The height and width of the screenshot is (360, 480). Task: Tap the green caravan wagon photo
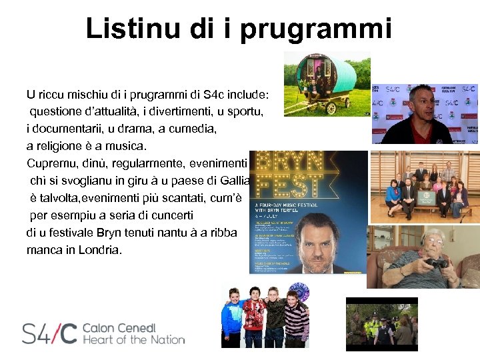pos(327,83)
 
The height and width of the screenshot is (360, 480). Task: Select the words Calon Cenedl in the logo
pos(128,328)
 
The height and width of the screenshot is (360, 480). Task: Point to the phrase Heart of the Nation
pos(133,340)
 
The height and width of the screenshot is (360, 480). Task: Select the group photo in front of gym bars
pos(425,186)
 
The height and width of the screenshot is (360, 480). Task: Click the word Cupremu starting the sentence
pos(52,163)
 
